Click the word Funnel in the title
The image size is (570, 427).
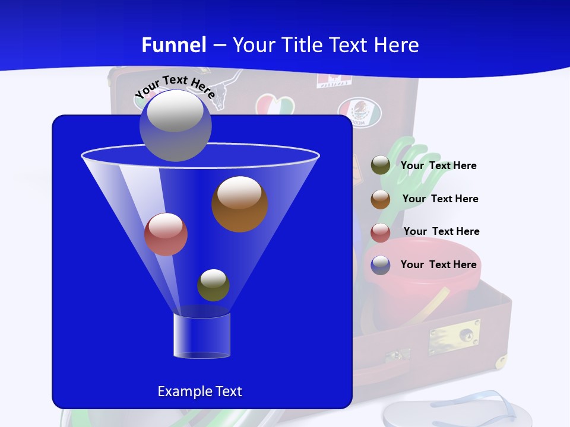coord(173,45)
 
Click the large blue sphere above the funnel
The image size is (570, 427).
coord(175,125)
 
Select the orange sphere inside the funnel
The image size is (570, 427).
coord(239,204)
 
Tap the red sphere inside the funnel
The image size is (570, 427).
coord(166,234)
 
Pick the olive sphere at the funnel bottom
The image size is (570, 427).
coord(213,285)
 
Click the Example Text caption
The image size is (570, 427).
coord(199,391)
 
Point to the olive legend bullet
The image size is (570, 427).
coord(381,165)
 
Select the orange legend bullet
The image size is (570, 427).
coord(381,199)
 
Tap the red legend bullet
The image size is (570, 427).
coord(381,232)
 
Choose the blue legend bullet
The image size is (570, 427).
coord(381,265)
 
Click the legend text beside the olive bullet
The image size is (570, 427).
coord(438,166)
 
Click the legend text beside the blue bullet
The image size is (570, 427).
coord(438,265)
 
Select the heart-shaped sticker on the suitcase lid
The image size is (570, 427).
coord(275,107)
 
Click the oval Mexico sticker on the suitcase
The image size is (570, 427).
coord(359,112)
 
